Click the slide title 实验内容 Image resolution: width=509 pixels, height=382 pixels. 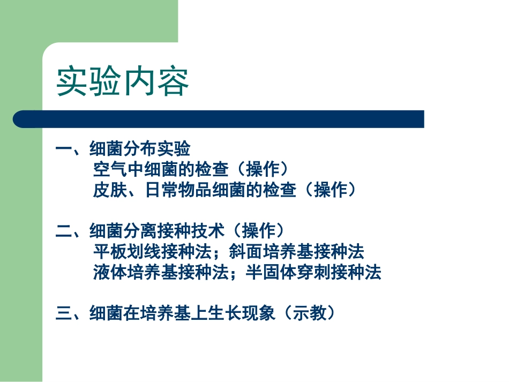pos(123,81)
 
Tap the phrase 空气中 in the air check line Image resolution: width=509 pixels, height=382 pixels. pos(118,170)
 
